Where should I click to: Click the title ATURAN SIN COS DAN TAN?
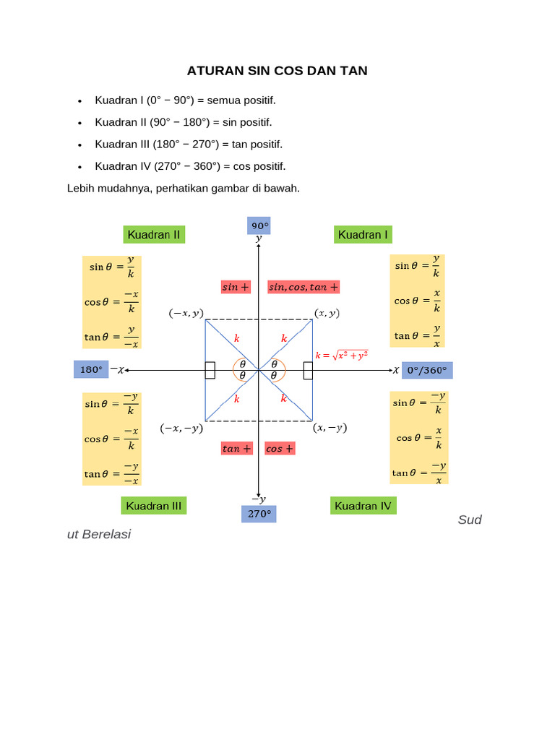(x=277, y=71)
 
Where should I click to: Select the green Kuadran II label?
(x=154, y=234)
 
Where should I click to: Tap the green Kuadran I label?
(x=363, y=234)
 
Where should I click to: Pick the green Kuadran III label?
(x=153, y=506)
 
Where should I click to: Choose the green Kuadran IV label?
(x=363, y=506)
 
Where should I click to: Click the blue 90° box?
(x=259, y=225)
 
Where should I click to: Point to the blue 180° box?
(x=91, y=369)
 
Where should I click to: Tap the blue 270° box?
(x=259, y=515)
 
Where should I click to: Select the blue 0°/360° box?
(x=427, y=370)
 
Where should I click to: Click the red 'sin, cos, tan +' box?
(x=304, y=287)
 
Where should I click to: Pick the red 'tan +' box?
(x=237, y=448)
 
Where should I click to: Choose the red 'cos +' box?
(x=280, y=448)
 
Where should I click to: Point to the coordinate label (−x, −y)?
(x=181, y=428)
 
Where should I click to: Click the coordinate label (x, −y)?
(x=330, y=428)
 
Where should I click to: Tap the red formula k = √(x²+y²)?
(x=342, y=355)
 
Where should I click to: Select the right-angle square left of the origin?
(x=210, y=370)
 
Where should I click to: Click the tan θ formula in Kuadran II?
(x=112, y=335)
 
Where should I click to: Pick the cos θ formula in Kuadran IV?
(x=420, y=438)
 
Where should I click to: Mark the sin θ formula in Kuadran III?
(x=112, y=404)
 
